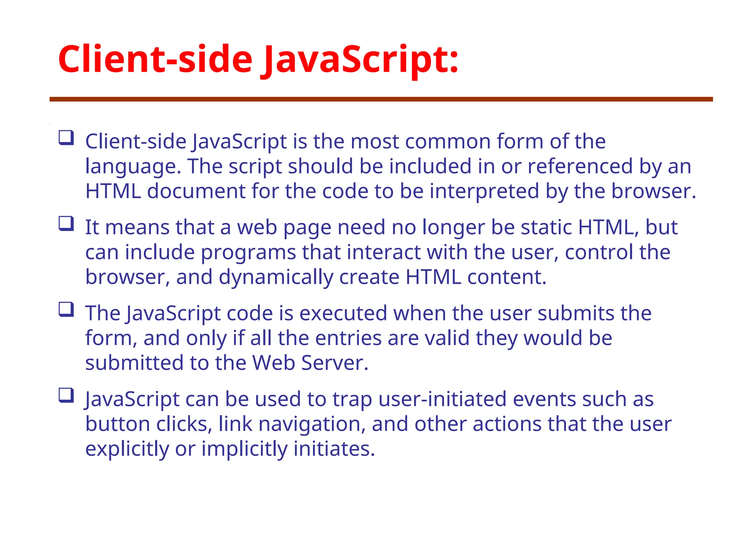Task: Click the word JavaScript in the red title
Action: pos(360,60)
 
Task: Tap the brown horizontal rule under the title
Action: pos(381,99)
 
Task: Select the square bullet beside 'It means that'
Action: pos(66,224)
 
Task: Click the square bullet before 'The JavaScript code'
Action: pos(66,310)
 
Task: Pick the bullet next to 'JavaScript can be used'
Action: pos(66,396)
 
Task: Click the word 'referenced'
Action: pos(580,167)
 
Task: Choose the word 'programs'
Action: pos(248,252)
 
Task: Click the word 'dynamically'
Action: pos(276,277)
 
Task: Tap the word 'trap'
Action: pos(352,399)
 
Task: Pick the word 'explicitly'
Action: pos(127,449)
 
